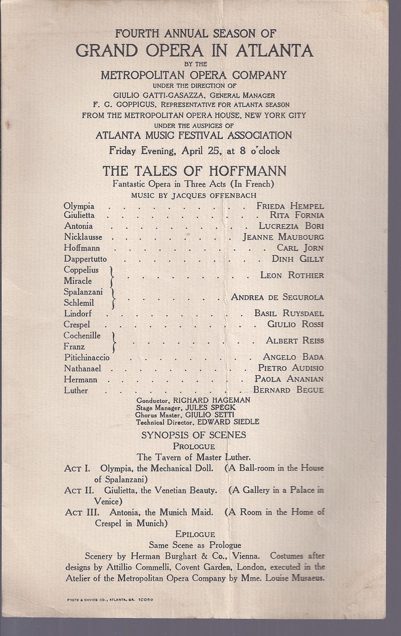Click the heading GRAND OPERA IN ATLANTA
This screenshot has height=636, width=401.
tap(194, 51)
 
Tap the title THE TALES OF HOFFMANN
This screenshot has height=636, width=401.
tap(194, 171)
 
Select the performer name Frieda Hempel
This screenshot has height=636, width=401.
tap(290, 206)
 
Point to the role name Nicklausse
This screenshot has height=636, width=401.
tap(83, 237)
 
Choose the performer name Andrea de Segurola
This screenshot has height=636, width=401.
tap(277, 297)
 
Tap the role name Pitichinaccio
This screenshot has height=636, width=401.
tap(87, 357)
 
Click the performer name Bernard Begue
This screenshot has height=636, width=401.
tap(288, 390)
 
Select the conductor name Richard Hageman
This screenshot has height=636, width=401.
tap(211, 401)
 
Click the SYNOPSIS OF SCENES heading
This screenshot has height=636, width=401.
tap(194, 435)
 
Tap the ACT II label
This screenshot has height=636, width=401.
tap(78, 490)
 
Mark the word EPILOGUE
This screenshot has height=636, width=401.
tap(195, 534)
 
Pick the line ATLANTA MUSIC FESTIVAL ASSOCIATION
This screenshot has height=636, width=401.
tap(194, 135)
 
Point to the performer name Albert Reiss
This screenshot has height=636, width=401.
tap(295, 340)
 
